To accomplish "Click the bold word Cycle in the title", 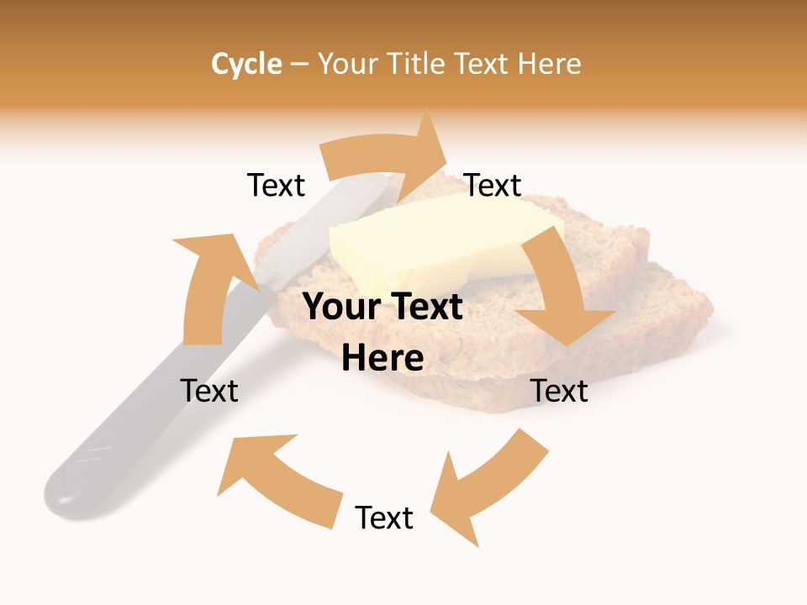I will coord(246,64).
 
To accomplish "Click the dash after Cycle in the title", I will coord(299,65).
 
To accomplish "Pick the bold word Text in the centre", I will coord(423,308).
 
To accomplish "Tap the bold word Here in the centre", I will coord(382,359).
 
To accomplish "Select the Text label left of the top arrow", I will coord(276,186).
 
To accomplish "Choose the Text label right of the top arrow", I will coord(493,186).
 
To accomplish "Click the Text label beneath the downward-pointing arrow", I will coord(560,391).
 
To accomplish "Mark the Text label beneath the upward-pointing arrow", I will coord(209,391).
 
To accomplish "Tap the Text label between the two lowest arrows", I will coord(384,518).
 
